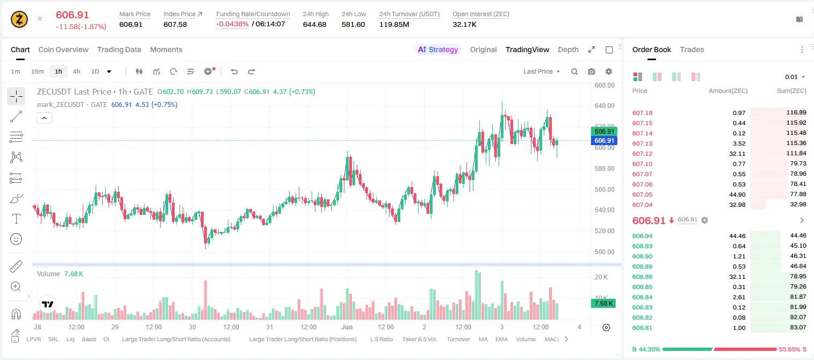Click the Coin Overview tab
pyautogui.click(x=63, y=49)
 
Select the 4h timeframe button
pyautogui.click(x=76, y=71)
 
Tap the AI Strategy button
pyautogui.click(x=438, y=49)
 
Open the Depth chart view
pyautogui.click(x=568, y=49)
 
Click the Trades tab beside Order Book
pyautogui.click(x=692, y=49)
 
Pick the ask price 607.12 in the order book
pyautogui.click(x=642, y=154)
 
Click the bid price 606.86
pyautogui.click(x=642, y=277)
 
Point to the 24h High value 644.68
pyautogui.click(x=314, y=24)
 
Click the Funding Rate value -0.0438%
pyautogui.click(x=232, y=24)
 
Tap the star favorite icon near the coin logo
pyautogui.click(x=40, y=18)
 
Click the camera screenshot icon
pyautogui.click(x=592, y=71)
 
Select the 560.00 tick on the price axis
pyautogui.click(x=604, y=189)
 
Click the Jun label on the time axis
pyautogui.click(x=347, y=327)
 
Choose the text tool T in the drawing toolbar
pyautogui.click(x=16, y=219)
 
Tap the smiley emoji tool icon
pyautogui.click(x=16, y=239)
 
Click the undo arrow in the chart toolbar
pyautogui.click(x=234, y=71)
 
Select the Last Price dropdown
pyautogui.click(x=542, y=71)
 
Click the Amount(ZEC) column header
pyautogui.click(x=728, y=91)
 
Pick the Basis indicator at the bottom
pyautogui.click(x=89, y=339)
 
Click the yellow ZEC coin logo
pyautogui.click(x=19, y=19)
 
